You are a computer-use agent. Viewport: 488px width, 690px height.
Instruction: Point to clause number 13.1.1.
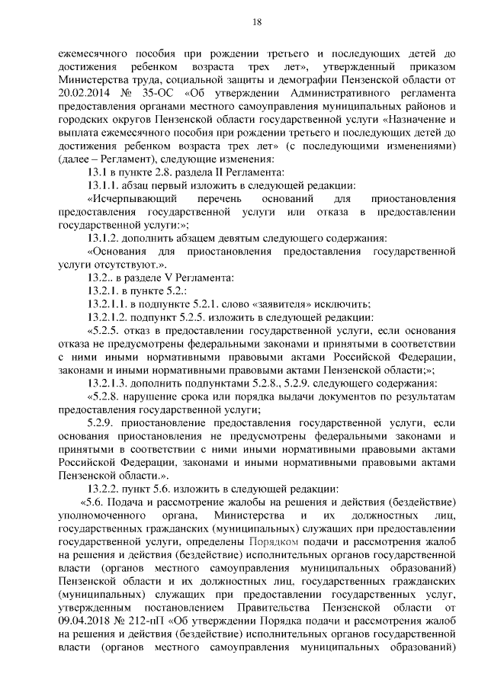click(x=109, y=185)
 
